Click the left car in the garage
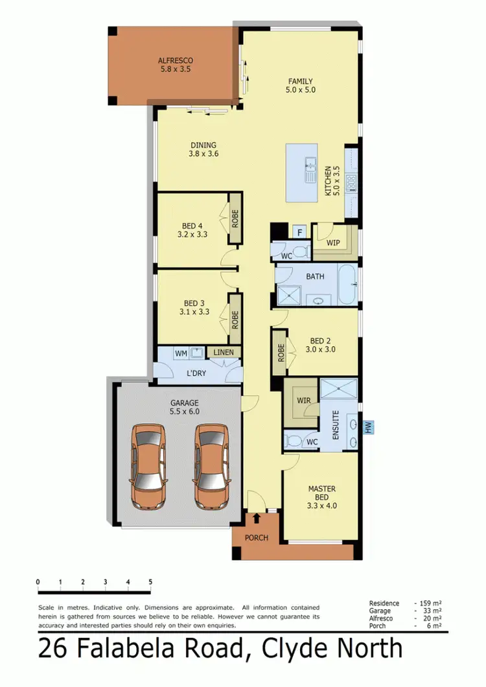click(148, 467)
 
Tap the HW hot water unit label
click(368, 427)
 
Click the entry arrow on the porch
click(257, 518)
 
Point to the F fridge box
click(299, 232)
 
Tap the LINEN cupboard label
click(224, 352)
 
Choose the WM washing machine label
click(181, 353)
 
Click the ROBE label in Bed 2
click(281, 351)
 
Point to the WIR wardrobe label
click(304, 401)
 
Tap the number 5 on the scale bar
click(150, 581)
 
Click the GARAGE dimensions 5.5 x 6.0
click(185, 411)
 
